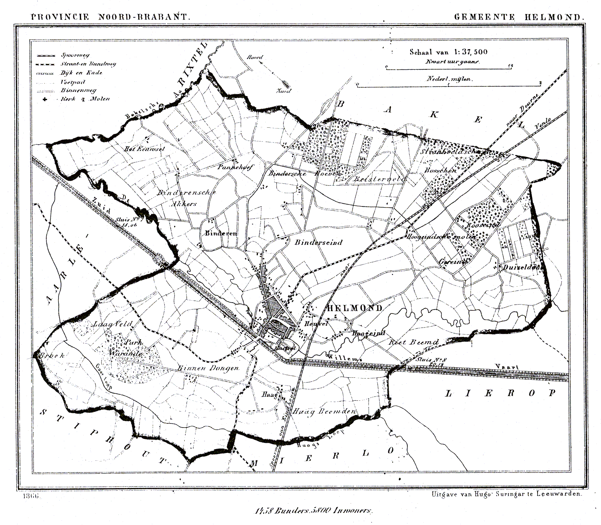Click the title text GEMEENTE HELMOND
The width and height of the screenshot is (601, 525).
click(519, 17)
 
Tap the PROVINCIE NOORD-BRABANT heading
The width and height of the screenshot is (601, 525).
click(110, 17)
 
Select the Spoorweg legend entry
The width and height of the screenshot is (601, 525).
click(74, 55)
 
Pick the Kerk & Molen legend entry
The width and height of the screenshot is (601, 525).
click(85, 99)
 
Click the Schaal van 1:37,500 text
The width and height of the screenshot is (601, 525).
click(448, 52)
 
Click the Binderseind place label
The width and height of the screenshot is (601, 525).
click(318, 242)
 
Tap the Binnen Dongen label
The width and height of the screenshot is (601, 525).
click(208, 368)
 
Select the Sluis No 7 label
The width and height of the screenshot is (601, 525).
click(130, 222)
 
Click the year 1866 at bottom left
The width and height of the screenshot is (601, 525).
click(33, 497)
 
